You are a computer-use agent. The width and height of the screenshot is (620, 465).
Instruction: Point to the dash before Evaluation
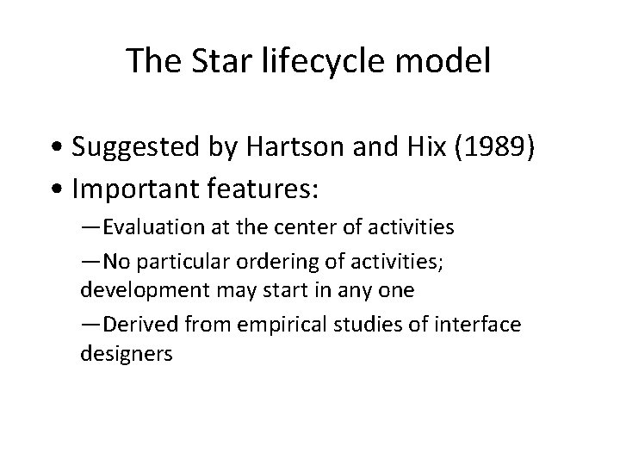coord(90,229)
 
